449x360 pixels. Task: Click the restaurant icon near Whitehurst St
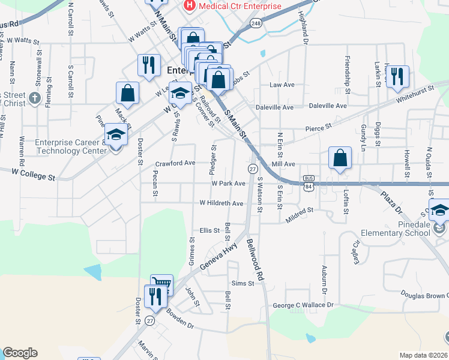(397, 76)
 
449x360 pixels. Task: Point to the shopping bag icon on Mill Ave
(340, 158)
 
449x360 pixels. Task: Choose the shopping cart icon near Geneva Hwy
(161, 284)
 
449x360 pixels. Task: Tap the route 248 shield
(256, 23)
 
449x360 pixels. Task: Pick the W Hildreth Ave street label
(221, 203)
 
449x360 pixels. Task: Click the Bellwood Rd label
(255, 260)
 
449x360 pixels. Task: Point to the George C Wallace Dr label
(303, 305)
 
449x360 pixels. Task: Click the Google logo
(20, 353)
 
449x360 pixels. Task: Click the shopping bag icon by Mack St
(128, 92)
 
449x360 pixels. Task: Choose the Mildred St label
(300, 211)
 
